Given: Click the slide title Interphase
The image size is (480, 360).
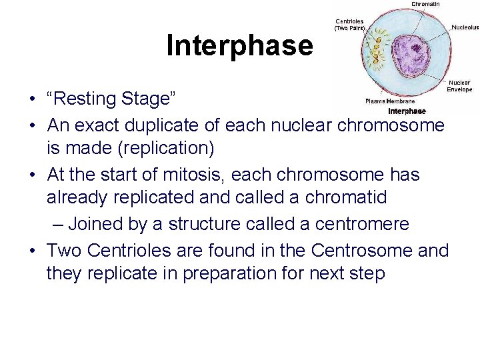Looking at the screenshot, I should [239, 45].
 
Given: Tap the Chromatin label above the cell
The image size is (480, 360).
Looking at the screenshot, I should [425, 4].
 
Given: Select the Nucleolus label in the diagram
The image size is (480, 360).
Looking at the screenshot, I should [465, 27].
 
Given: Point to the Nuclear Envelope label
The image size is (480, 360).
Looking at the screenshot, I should [459, 86].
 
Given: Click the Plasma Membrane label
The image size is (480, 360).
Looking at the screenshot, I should [390, 101].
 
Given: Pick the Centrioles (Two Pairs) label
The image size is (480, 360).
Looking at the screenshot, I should [349, 25].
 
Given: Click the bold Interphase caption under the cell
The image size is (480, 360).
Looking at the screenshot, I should [406, 111].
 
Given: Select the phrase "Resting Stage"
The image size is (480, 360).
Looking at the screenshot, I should [111, 99].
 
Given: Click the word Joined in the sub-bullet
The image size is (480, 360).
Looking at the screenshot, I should [99, 224].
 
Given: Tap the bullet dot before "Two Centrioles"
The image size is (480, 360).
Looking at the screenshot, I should [32, 251].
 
